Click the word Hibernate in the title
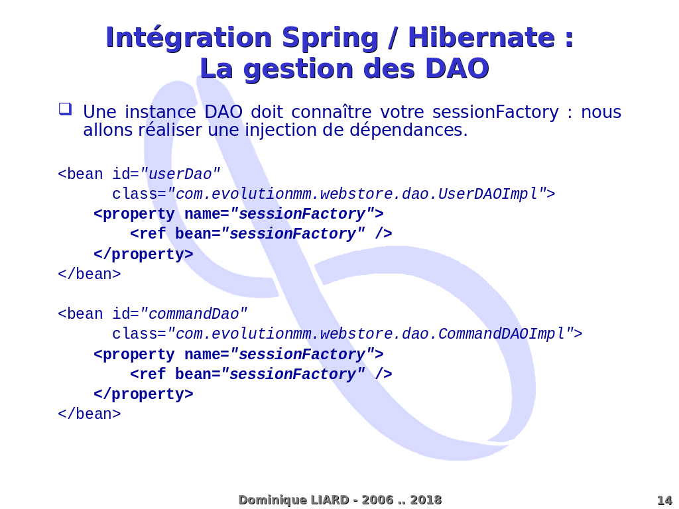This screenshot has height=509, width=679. (x=481, y=38)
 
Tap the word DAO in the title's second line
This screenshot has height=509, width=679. (x=458, y=69)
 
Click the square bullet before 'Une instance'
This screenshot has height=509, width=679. (x=66, y=109)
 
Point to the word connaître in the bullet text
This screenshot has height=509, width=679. (x=332, y=112)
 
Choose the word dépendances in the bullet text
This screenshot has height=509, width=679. (x=408, y=131)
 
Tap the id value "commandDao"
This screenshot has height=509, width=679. (x=194, y=313)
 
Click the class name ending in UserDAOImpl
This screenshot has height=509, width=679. (x=356, y=194)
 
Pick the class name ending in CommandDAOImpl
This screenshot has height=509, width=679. (x=370, y=334)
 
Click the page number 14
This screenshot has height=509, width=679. (x=664, y=500)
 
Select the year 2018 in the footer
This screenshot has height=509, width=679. (x=426, y=500)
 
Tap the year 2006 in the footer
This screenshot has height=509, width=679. (x=377, y=500)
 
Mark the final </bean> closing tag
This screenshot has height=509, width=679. (x=90, y=414)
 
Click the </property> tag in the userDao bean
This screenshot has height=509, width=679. (x=143, y=254)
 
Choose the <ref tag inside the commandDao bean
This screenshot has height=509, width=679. (x=148, y=374)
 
